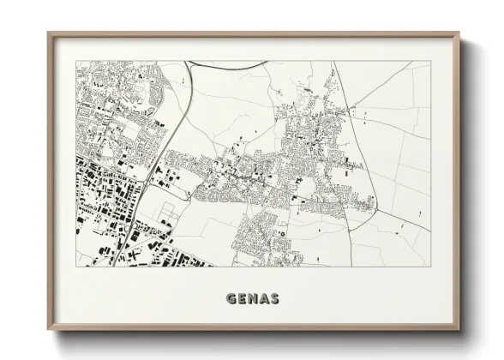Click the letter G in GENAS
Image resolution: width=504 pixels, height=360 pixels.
[x=231, y=300]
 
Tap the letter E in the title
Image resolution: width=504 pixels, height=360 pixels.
[x=242, y=300]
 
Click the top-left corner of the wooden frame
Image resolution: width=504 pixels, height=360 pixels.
[x=49, y=33]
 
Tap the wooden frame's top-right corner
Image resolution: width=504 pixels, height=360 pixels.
[x=459, y=33]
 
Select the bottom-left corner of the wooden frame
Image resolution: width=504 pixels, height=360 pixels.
[x=49, y=331]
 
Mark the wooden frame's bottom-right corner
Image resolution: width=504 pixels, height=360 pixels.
[x=459, y=331]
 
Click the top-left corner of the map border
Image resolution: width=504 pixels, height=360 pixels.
[x=76, y=61]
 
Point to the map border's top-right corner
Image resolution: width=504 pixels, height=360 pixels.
[x=430, y=61]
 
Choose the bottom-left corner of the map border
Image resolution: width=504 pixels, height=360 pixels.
[x=76, y=267]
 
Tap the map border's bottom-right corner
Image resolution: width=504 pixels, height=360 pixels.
[x=430, y=267]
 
